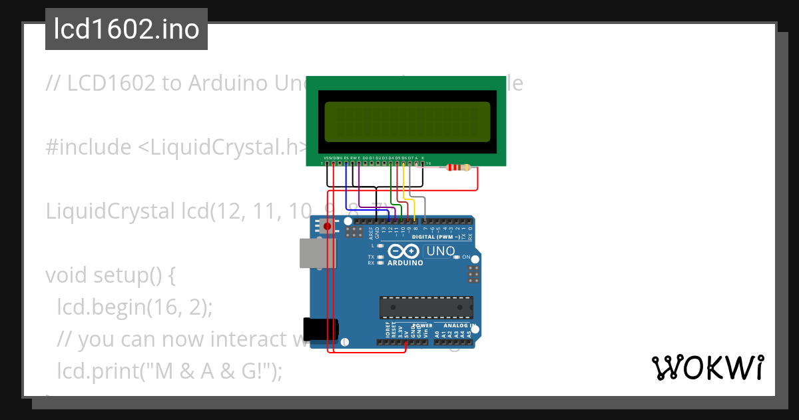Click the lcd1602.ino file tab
point(126,29)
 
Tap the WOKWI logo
point(707,367)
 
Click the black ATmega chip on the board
point(426,307)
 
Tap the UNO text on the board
point(439,251)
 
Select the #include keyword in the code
point(89,147)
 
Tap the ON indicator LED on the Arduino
point(457,257)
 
